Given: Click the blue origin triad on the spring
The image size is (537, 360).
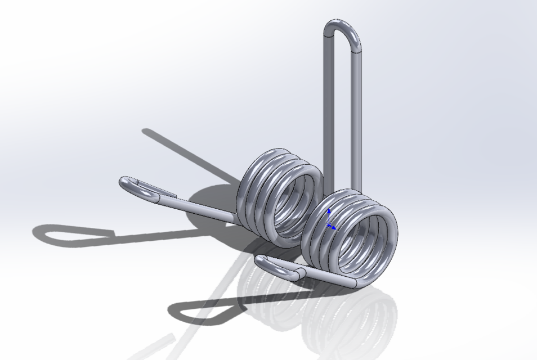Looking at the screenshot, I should [x=329, y=222].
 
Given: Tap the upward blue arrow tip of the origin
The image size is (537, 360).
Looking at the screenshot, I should [x=329, y=210].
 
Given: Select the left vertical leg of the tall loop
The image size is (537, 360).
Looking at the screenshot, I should [x=328, y=101].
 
